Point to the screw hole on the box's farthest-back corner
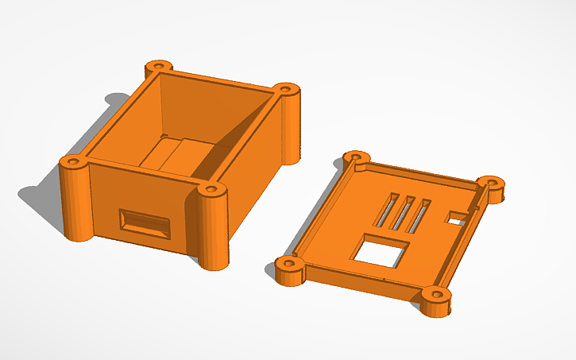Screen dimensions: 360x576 point(160,64)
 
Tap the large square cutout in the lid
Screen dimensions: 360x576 point(380,252)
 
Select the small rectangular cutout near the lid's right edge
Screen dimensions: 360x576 point(458,216)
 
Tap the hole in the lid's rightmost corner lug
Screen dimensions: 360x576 point(494,183)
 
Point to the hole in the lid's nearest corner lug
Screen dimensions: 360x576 point(435,296)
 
